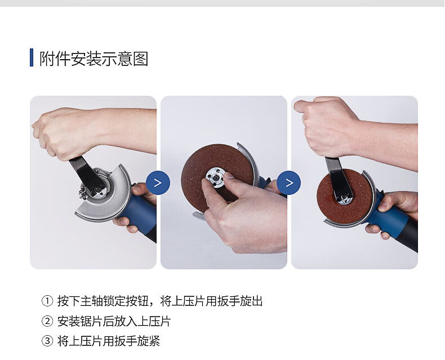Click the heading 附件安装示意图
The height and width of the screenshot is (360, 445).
94,59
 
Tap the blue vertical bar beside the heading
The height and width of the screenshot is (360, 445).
32,57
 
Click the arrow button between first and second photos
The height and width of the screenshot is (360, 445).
158,183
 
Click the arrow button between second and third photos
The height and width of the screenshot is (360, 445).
288,183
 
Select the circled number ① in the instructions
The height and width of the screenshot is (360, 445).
47,301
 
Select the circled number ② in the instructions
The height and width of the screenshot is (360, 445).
47,321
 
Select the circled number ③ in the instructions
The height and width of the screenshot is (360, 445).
47,341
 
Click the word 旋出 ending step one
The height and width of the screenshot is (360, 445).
251,301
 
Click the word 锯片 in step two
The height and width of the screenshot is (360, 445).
91,321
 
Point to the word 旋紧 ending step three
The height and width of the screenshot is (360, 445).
149,341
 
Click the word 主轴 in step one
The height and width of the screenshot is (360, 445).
91,301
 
